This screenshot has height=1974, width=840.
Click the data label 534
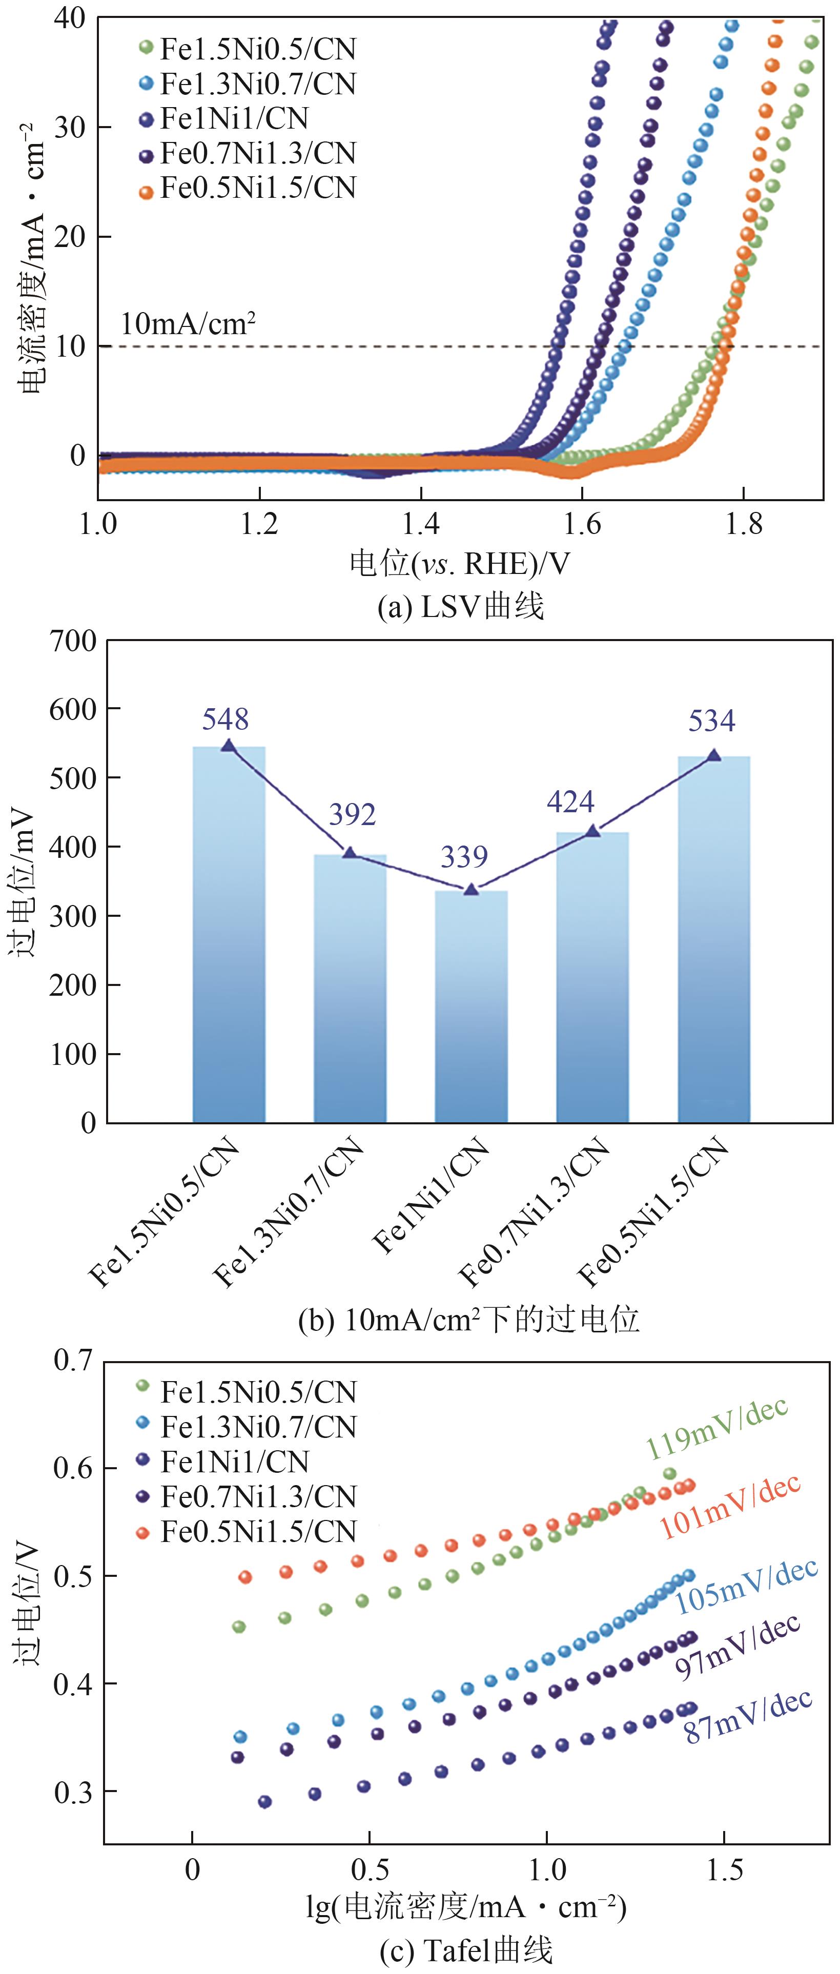pos(711,721)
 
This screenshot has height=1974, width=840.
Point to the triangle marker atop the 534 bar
pos(713,755)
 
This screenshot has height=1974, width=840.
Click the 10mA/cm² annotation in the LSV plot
pos(188,324)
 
